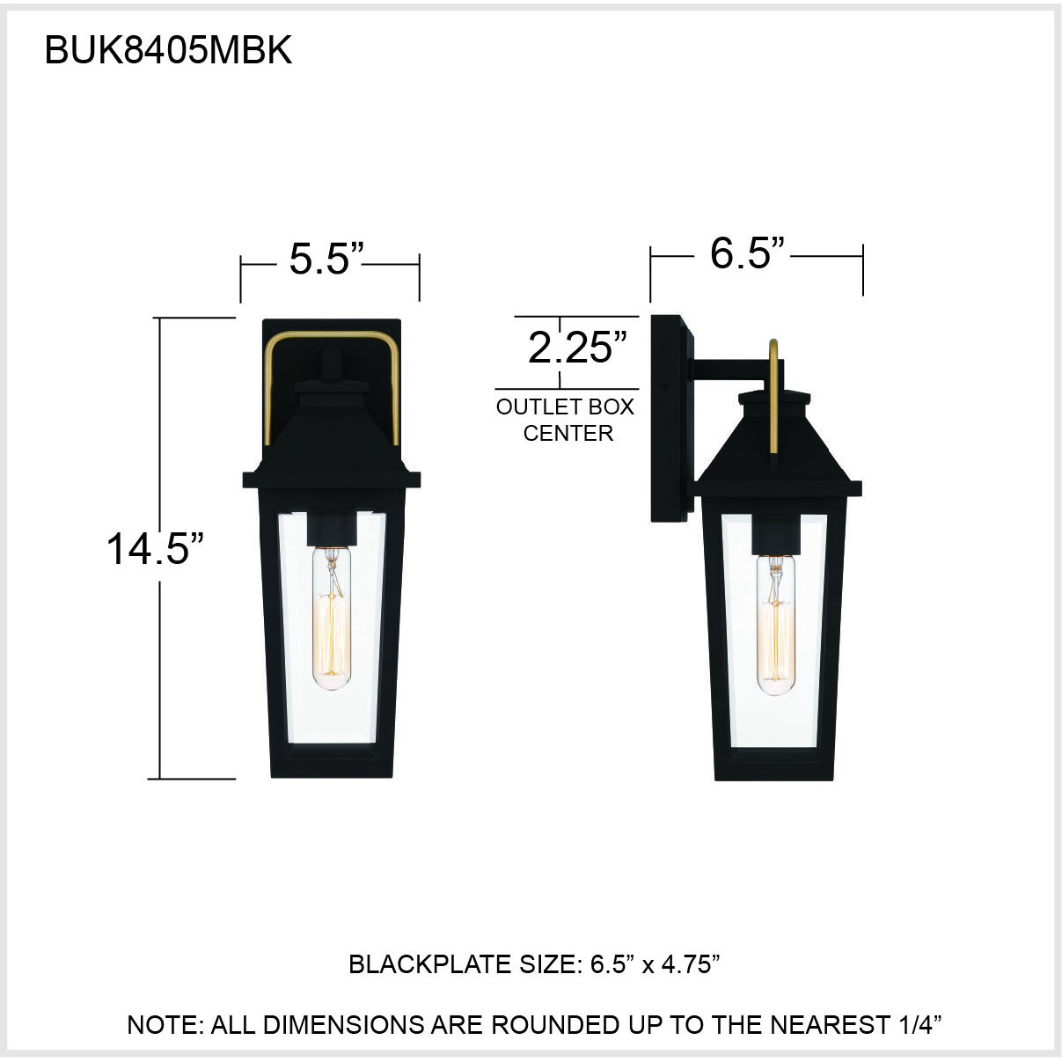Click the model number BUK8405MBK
click(168, 51)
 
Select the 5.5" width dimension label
click(326, 259)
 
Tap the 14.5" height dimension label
click(155, 549)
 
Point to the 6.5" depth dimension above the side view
click(747, 253)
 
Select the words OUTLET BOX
click(565, 406)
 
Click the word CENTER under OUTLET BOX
click(568, 433)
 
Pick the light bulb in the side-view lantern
click(775, 625)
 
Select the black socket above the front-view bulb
click(332, 528)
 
